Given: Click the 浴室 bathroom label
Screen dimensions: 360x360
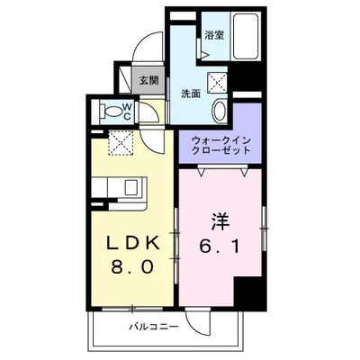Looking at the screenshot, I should pos(213,36).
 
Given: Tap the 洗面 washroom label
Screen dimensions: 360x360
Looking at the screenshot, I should pos(190,93).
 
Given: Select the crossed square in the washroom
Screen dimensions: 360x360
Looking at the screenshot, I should pos(218,83).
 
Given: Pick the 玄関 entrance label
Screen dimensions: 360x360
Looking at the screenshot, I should pos(148,80).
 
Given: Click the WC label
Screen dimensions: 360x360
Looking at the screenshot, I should pos(130,112).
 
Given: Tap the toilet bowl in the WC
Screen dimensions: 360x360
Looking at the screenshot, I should pos(112,112).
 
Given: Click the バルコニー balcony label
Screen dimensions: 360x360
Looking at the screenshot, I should pos(152,326).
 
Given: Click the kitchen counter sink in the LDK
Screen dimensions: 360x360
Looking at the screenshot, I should pos(131,187).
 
